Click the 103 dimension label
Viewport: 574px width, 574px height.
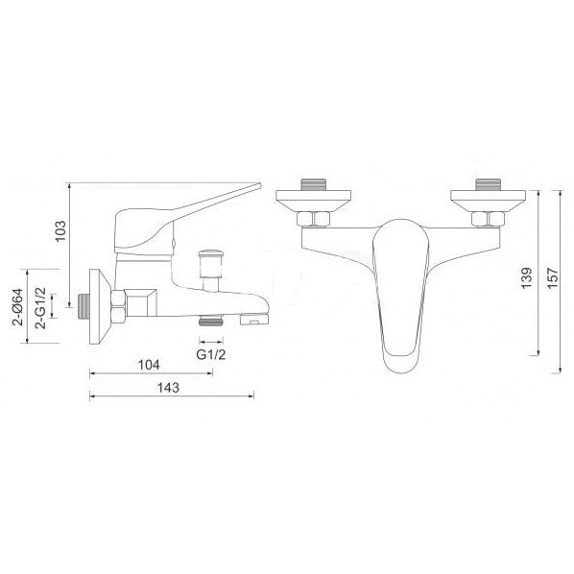60,230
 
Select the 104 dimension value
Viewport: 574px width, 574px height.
149,365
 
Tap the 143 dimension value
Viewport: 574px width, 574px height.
168,388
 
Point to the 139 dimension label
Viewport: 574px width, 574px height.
526,277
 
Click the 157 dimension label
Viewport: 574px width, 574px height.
553,278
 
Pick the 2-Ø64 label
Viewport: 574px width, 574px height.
17,307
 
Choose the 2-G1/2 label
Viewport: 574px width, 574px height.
40,308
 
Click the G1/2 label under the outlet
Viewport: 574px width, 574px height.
211,354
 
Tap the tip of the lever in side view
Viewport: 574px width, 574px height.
259,185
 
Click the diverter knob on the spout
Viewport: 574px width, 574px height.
210,263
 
